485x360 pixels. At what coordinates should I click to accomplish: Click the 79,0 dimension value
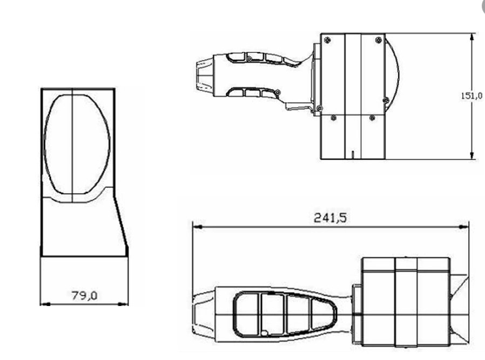(84, 295)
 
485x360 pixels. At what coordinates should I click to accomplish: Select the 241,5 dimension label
(329, 218)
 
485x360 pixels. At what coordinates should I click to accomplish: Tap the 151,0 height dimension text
(470, 96)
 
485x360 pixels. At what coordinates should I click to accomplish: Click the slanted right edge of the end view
(122, 227)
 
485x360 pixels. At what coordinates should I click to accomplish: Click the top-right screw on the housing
(378, 40)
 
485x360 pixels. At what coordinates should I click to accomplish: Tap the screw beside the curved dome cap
(385, 99)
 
